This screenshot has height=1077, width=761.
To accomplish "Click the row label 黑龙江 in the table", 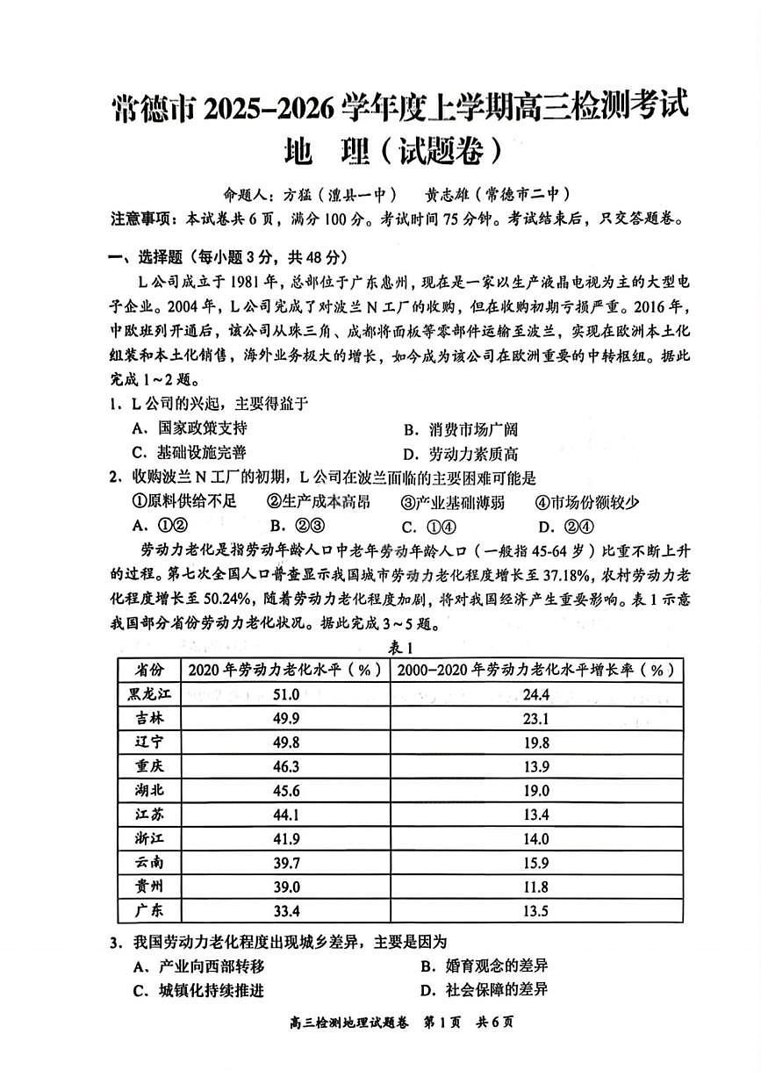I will point(147,694).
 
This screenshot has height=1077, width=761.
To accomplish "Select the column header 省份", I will point(147,670).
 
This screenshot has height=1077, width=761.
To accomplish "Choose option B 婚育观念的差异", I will point(484,966).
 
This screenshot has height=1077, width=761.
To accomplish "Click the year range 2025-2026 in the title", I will point(269,110).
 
